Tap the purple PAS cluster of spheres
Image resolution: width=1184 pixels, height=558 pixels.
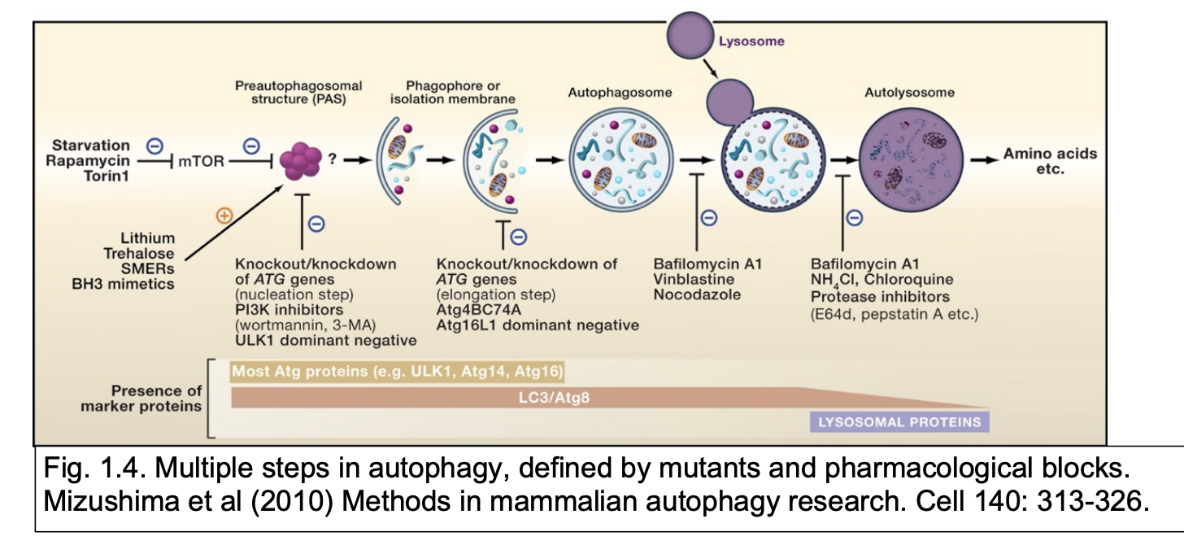(x=301, y=162)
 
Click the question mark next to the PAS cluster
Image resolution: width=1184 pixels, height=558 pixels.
(x=332, y=160)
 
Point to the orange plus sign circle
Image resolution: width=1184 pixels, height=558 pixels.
(x=223, y=216)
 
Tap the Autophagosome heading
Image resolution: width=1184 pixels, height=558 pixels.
(x=620, y=93)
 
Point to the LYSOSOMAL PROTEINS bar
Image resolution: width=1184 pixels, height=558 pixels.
(x=899, y=422)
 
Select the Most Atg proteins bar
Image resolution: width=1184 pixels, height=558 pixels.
(x=398, y=372)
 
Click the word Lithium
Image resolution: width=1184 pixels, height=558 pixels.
(x=147, y=238)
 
